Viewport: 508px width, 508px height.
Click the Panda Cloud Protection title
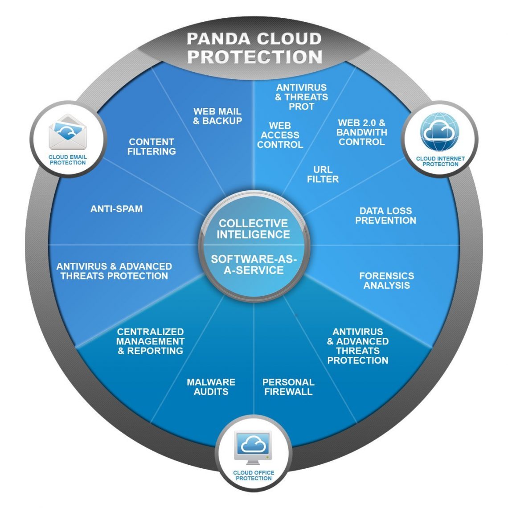tap(254, 48)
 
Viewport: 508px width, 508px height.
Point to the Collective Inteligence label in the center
tap(253, 229)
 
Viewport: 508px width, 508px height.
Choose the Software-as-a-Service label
tap(254, 264)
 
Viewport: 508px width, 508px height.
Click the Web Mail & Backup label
tap(217, 116)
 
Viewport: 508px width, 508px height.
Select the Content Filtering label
tap(152, 147)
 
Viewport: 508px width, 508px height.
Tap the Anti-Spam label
tap(116, 209)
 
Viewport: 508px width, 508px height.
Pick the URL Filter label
tap(323, 174)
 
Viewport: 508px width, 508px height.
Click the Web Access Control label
tap(280, 135)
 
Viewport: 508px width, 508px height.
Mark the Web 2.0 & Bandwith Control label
tap(361, 132)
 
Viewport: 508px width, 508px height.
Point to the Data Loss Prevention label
tap(385, 215)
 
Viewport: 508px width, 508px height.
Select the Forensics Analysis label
tap(386, 280)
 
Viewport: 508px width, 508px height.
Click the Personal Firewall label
tap(288, 387)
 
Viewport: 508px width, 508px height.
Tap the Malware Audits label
tap(211, 387)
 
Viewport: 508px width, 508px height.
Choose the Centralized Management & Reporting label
tap(150, 341)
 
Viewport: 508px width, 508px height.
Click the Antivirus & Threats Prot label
tap(301, 97)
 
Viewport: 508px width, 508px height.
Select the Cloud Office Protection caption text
tap(254, 475)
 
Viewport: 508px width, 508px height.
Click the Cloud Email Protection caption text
tap(68, 160)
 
